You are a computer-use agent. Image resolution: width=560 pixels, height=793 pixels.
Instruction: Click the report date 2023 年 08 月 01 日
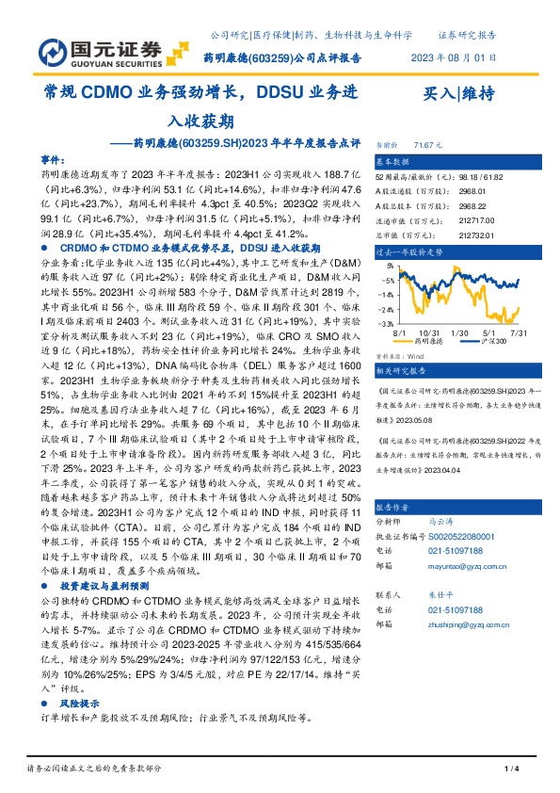coord(453,57)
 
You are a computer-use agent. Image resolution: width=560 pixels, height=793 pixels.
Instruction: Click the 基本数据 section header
coord(395,160)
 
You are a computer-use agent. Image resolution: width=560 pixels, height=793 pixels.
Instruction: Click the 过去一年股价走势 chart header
coord(408,252)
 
